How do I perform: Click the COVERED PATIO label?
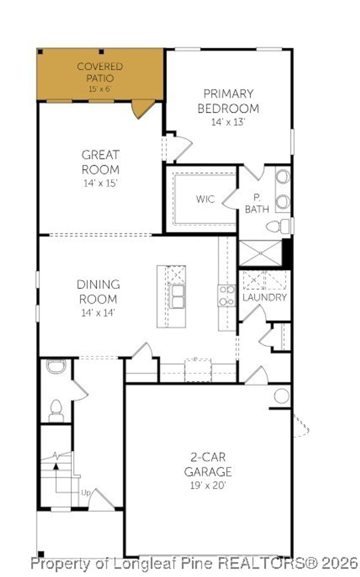coord(100,72)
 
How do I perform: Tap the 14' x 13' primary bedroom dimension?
coord(228,122)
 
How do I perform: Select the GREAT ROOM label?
coord(101,162)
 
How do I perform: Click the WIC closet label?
coord(205,199)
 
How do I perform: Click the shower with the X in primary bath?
coord(260,253)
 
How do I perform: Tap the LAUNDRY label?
coord(264,297)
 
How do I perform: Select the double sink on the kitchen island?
coord(177,296)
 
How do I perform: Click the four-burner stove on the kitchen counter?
coord(227,296)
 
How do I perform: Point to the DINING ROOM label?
coord(98,292)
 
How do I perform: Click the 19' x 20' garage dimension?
coord(208,486)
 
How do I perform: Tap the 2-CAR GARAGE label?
coord(208,464)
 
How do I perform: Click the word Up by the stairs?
coord(86,493)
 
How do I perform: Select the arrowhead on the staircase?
coord(56,466)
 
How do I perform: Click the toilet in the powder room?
coord(56,410)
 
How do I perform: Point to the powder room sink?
coord(56,366)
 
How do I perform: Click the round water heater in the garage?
coord(282,396)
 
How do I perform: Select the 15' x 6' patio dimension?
coord(100,89)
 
